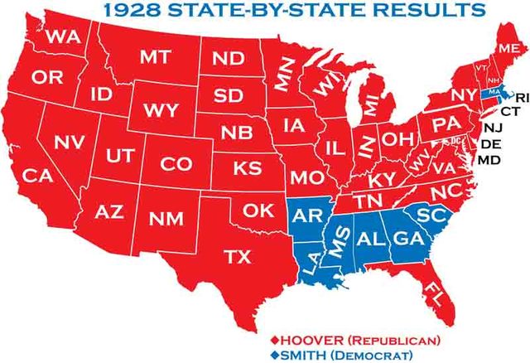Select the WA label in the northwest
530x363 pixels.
tap(62, 36)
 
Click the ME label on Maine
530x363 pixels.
tap(508, 50)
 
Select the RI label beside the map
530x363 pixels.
tap(520, 97)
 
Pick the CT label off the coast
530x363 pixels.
tap(509, 110)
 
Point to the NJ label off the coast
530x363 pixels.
tap(493, 128)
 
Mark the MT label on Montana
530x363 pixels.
tap(155, 57)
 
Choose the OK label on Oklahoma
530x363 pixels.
tap(258, 211)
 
